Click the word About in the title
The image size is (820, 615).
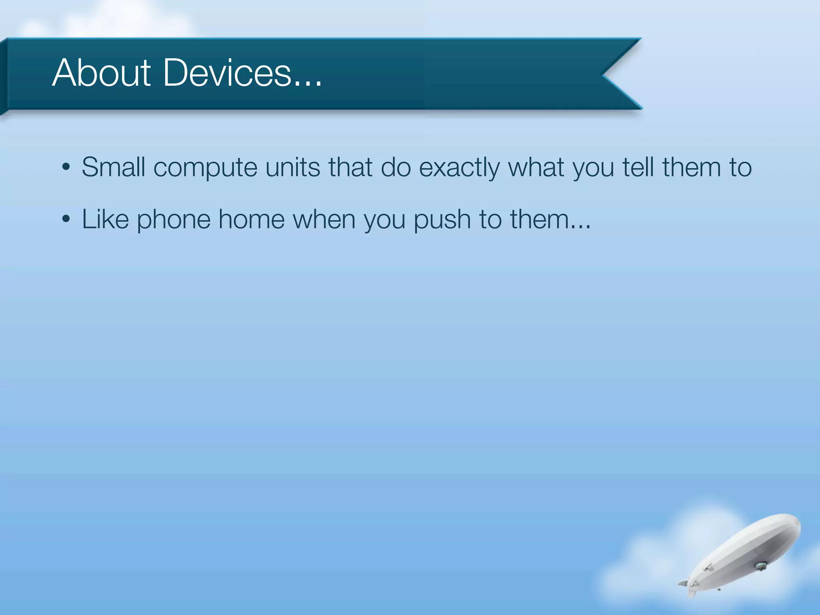[101, 73]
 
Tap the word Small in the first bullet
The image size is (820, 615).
[113, 167]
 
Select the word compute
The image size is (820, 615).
[205, 168]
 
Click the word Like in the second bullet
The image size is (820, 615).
[105, 219]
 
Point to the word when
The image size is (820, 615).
[324, 219]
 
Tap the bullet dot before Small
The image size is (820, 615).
[66, 167]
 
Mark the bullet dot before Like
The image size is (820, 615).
[66, 219]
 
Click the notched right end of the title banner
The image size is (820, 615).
[617, 74]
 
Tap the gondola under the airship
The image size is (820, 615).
[759, 565]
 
